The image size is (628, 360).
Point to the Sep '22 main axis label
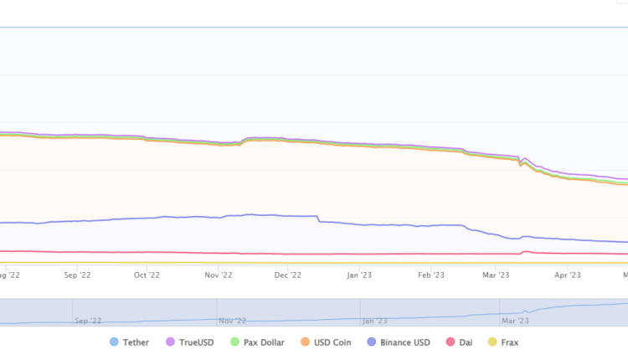[76, 273]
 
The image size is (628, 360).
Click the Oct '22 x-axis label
[147, 273]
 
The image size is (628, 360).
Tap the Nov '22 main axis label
[218, 273]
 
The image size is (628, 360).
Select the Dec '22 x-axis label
[287, 273]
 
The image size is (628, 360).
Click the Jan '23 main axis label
[359, 273]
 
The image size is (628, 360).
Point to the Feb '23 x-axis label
[430, 273]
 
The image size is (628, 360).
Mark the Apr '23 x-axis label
[568, 273]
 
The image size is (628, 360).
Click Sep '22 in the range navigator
[88, 320]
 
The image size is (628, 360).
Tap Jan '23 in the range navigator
[374, 320]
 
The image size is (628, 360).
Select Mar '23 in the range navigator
[512, 320]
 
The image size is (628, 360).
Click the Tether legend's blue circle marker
[115, 342]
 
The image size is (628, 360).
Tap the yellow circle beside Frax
[492, 342]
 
